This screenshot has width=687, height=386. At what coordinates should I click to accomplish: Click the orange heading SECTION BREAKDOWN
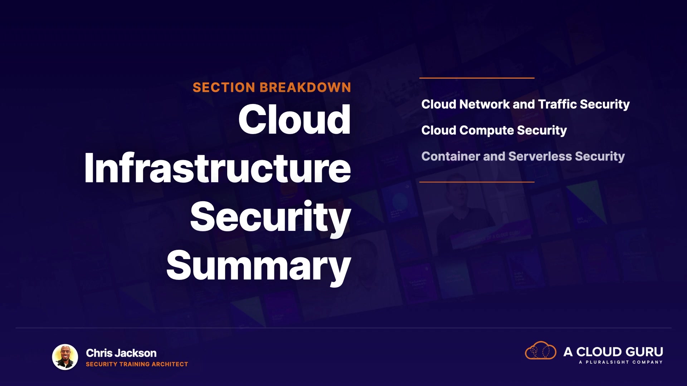(272, 88)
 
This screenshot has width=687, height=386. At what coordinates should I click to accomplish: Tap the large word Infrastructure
(218, 168)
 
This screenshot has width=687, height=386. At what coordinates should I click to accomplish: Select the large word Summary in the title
(259, 267)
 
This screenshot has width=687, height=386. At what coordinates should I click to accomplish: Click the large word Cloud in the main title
(294, 119)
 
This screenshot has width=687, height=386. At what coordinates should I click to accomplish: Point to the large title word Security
(271, 218)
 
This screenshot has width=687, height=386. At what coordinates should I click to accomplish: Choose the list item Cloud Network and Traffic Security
(525, 104)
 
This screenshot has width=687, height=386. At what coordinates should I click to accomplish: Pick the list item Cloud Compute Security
(494, 130)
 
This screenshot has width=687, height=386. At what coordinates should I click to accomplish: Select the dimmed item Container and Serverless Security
(523, 157)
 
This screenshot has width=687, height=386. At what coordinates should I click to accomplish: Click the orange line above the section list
(477, 78)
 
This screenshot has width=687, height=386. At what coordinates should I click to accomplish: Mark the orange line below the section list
(477, 182)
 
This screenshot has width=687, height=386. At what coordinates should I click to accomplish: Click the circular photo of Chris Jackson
(65, 357)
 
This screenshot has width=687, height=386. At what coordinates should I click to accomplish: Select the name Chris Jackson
(121, 353)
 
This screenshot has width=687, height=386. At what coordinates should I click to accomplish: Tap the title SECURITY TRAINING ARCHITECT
(137, 364)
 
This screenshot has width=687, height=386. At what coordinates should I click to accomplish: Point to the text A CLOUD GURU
(613, 352)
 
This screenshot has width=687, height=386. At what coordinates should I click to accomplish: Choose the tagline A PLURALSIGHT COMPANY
(621, 362)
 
